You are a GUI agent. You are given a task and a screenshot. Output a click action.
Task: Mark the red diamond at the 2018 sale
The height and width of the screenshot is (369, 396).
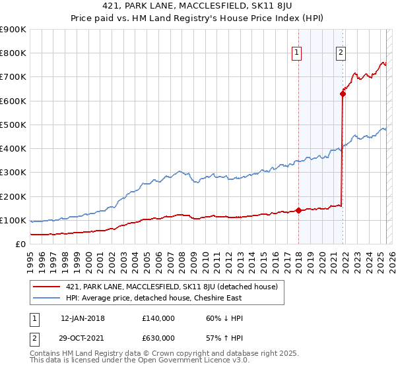pos(298,211)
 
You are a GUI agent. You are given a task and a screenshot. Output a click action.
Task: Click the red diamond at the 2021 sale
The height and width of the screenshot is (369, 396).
pos(343,94)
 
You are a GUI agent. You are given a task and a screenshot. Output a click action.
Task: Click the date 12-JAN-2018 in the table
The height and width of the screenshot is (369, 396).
pos(82,318)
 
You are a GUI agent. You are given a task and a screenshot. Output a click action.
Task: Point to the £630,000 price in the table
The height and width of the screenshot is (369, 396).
pos(158,338)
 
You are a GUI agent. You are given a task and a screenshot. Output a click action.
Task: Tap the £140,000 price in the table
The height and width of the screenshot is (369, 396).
pos(158,318)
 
